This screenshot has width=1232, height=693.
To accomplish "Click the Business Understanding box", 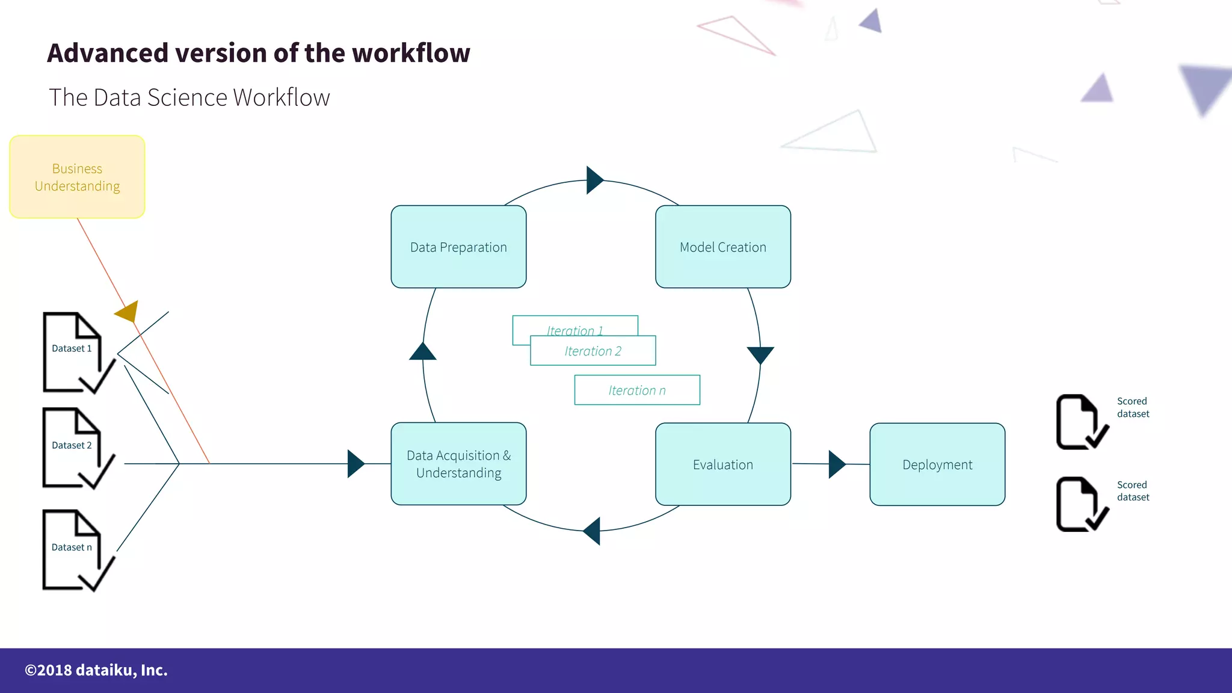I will point(77,177).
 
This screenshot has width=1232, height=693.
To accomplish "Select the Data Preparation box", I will point(458,247).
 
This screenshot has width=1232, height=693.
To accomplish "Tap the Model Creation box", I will point(722,247).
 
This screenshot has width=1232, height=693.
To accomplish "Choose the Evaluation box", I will point(722,464).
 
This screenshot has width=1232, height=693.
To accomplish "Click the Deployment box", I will point(937,464).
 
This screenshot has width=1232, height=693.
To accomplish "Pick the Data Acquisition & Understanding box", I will point(458,464).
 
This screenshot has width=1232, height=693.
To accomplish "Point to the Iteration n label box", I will point(637,390).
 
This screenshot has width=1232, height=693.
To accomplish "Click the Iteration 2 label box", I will point(593,351).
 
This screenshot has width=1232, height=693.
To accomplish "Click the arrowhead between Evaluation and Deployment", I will point(836,464).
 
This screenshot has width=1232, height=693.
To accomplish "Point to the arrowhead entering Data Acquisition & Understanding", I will point(356,464).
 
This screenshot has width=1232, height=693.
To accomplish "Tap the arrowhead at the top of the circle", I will point(594,180).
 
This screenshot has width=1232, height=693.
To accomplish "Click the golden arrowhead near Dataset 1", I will point(128,311).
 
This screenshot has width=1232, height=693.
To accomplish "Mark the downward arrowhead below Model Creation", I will point(760,354).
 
